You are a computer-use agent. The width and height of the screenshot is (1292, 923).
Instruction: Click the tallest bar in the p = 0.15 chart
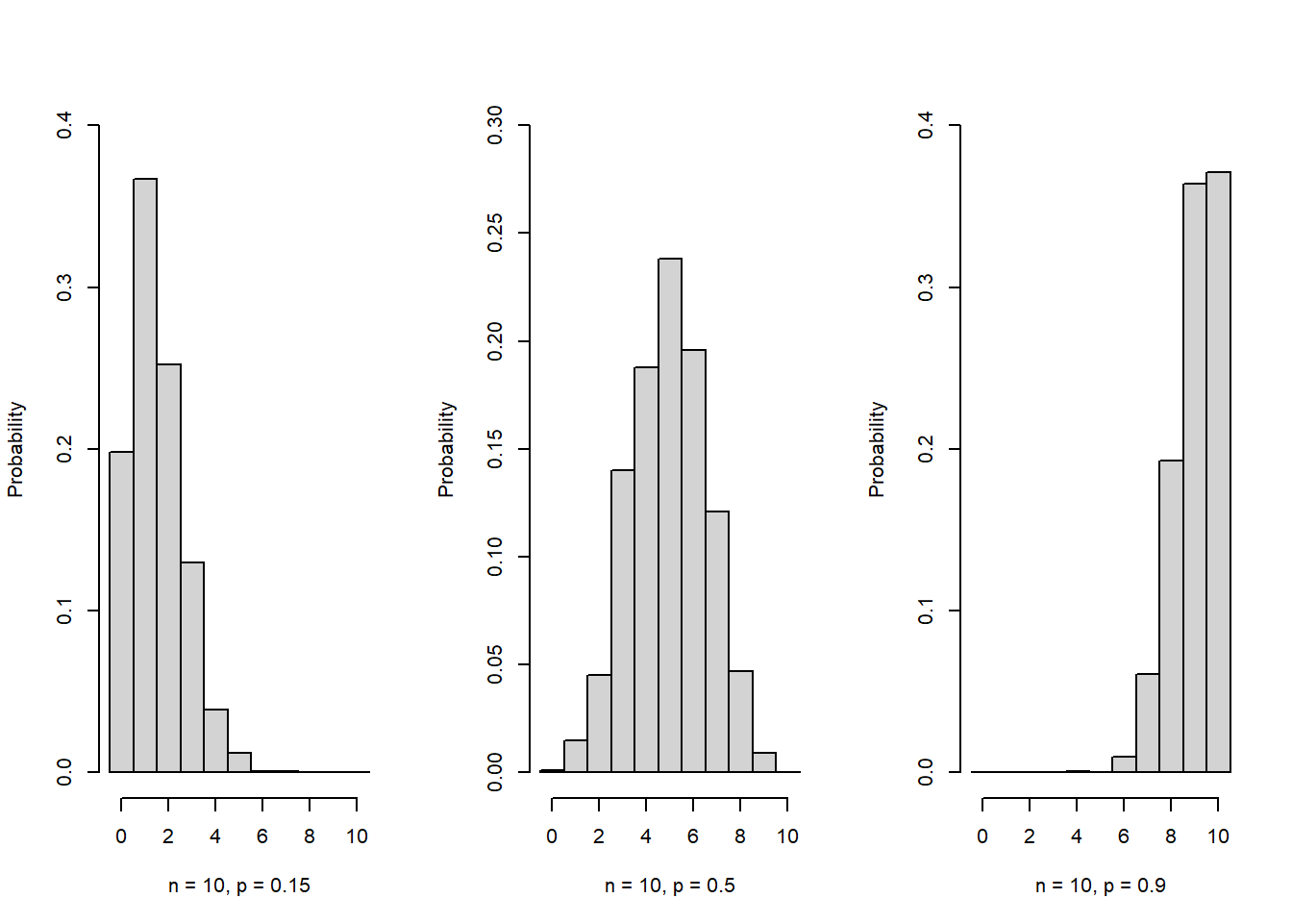[145, 475]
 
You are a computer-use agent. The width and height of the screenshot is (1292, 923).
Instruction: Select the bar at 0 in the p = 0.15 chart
[121, 611]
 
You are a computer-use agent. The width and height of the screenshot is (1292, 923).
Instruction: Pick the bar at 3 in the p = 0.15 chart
[192, 667]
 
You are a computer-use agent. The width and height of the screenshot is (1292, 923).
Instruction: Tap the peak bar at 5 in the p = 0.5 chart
[670, 515]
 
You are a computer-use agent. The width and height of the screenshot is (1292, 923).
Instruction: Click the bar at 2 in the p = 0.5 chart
[599, 723]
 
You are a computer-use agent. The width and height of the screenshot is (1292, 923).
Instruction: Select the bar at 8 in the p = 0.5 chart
[740, 721]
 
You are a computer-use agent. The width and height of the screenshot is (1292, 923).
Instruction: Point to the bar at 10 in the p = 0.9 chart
[1219, 472]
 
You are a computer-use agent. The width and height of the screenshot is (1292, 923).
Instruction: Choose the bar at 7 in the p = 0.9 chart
[1148, 723]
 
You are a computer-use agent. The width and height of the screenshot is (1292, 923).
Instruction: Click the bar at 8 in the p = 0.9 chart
[1172, 616]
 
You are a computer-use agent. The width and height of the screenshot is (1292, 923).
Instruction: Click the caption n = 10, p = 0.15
[239, 886]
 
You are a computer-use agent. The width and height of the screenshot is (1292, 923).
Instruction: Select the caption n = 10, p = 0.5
[670, 886]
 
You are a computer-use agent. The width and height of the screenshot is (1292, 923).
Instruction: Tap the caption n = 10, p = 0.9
[1101, 886]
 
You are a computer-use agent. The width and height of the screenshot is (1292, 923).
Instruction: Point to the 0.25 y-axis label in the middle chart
[495, 233]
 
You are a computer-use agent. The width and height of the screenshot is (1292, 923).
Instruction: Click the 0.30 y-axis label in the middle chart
[495, 125]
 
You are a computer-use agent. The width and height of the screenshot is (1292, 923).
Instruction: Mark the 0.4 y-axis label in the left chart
[64, 125]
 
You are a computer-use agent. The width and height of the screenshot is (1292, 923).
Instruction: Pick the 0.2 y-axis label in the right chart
[925, 449]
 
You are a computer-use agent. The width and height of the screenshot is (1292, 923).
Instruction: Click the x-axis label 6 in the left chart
[262, 836]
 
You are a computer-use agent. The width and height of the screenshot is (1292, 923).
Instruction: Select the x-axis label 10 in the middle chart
[787, 836]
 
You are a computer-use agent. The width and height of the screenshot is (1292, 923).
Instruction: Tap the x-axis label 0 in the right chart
[982, 836]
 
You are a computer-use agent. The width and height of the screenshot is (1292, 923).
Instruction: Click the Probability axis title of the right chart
[877, 449]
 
